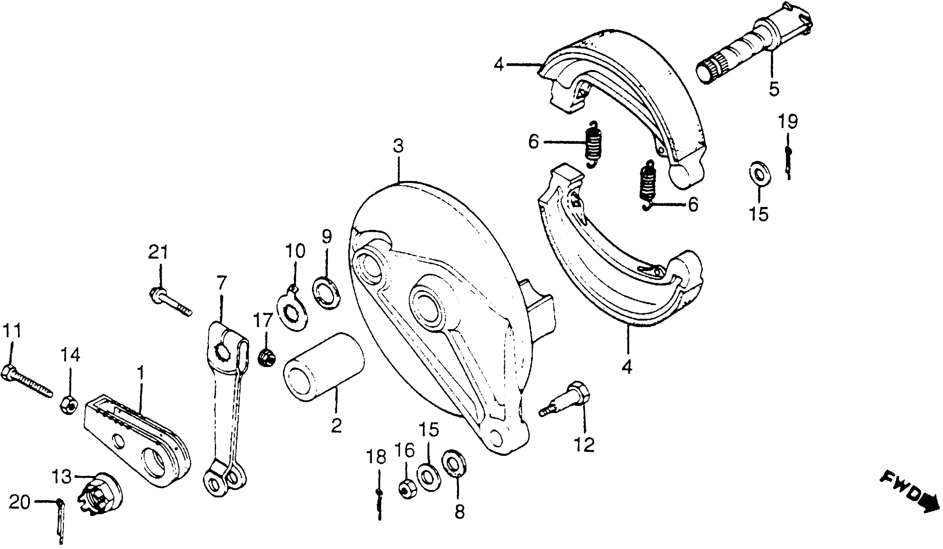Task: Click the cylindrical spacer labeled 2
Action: [x=324, y=367]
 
